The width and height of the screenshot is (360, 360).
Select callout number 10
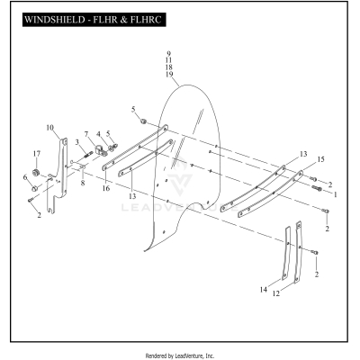[x=50, y=127]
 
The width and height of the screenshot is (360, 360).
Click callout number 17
[x=37, y=153]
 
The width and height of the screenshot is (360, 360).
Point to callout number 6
[x=26, y=177]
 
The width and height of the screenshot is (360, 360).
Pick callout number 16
[x=105, y=190]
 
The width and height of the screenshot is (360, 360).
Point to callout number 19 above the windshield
[x=168, y=76]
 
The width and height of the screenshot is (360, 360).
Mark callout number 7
[x=87, y=133]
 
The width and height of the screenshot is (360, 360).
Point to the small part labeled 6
[x=34, y=187]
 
